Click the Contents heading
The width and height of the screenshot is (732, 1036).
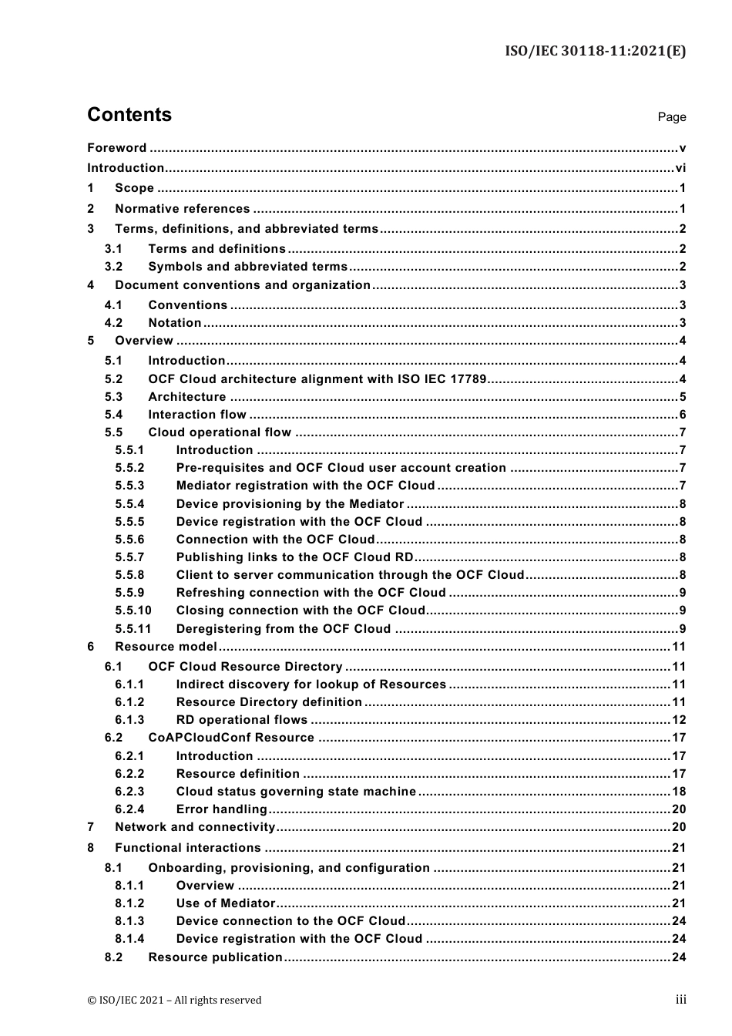point(129,115)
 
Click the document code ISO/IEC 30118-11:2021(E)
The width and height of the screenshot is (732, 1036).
point(595,52)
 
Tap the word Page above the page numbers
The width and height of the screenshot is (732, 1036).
point(671,117)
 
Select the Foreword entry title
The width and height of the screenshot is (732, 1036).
point(116,148)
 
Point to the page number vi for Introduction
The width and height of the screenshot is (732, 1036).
point(680,168)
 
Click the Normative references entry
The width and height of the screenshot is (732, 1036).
point(182,209)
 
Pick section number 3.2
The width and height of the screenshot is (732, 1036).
point(113,267)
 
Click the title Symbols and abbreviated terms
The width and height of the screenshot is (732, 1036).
point(247,267)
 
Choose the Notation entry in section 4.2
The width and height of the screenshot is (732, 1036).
point(175,323)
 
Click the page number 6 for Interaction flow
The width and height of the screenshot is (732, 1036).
point(683,415)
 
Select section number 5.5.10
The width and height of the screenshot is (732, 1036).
point(133,610)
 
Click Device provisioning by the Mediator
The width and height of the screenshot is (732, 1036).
point(290,504)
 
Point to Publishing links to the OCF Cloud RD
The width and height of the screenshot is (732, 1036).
point(294,557)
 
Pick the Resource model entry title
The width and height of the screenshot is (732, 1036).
point(166,647)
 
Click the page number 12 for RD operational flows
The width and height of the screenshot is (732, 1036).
point(679,720)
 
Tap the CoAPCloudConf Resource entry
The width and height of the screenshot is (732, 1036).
point(231,738)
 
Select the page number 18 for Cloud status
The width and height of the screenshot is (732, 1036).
point(679,792)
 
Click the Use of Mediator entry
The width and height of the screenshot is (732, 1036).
point(225,903)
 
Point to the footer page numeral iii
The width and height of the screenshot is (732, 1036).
point(680,1000)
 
